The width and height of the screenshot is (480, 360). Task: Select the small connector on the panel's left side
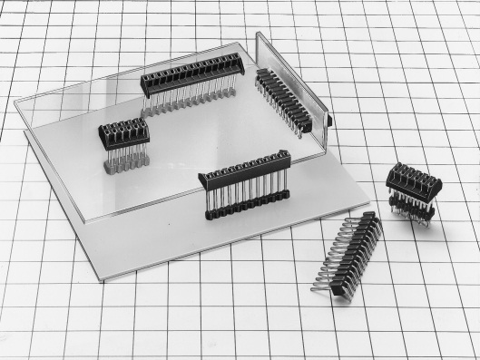click(122, 134)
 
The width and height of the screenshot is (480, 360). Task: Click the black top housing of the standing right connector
click(413, 180)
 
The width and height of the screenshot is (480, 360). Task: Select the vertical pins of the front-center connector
click(247, 193)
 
